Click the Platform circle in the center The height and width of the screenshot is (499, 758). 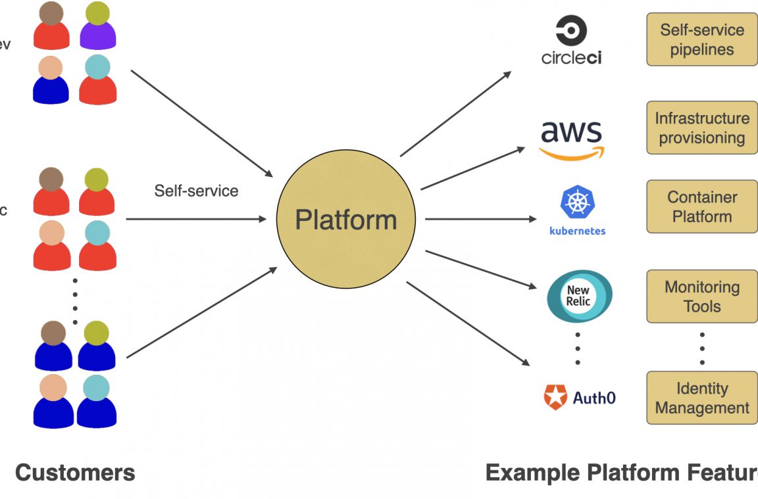pos(345,219)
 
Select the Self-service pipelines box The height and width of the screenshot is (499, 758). pos(701,39)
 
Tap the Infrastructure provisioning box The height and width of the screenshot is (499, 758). pos(701,128)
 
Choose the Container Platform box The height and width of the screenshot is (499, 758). pos(701,206)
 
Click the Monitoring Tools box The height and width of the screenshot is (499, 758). pos(701,297)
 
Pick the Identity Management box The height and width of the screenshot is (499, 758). pos(701,398)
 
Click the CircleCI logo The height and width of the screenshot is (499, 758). pos(571,41)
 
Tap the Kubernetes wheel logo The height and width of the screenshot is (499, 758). pos(577,202)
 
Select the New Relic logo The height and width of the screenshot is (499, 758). pos(579,297)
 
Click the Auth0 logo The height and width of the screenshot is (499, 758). pos(580,397)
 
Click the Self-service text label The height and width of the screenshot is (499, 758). pos(196,191)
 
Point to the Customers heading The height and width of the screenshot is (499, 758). pos(75,472)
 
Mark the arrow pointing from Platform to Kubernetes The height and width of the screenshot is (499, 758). pos(480,219)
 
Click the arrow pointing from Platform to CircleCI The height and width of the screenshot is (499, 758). pos(455,114)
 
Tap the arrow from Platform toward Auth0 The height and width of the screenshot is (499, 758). pos(468,323)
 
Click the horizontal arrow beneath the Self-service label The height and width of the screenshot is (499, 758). pos(196,219)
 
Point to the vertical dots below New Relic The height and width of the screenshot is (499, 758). pos(578,348)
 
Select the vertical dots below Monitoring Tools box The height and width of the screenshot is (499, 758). pos(702,348)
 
